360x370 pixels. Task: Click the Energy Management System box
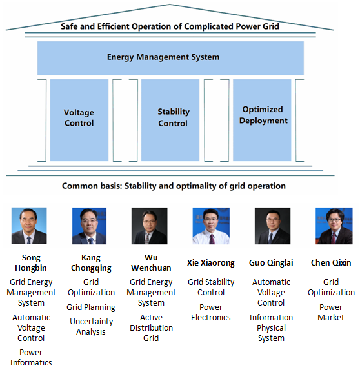pyautogui.click(x=170, y=58)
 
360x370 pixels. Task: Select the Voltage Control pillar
pyautogui.click(x=79, y=120)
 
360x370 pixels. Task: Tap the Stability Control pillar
pyautogui.click(x=170, y=120)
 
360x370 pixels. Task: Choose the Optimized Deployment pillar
pyautogui.click(x=262, y=120)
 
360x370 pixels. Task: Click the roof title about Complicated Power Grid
pyautogui.click(x=170, y=26)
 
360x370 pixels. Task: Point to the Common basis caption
pyautogui.click(x=174, y=186)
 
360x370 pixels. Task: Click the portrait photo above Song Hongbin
pyautogui.click(x=29, y=226)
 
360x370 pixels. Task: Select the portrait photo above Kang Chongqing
pyautogui.click(x=89, y=226)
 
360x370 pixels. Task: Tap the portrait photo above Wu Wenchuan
pyautogui.click(x=150, y=226)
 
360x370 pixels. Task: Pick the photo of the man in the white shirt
pyautogui.click(x=211, y=226)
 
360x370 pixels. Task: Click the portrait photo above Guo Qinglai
pyautogui.click(x=273, y=226)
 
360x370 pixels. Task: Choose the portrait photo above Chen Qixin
pyautogui.click(x=334, y=226)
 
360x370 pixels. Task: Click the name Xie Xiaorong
pyautogui.click(x=211, y=263)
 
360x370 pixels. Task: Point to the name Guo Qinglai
pyautogui.click(x=271, y=263)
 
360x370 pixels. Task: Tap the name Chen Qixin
pyautogui.click(x=331, y=263)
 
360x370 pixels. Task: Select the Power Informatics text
pyautogui.click(x=31, y=357)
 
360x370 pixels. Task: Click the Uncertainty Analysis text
pyautogui.click(x=91, y=327)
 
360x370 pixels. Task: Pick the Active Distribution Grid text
pyautogui.click(x=151, y=327)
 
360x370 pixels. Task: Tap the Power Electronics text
pyautogui.click(x=211, y=313)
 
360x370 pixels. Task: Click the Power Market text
pyautogui.click(x=331, y=313)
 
